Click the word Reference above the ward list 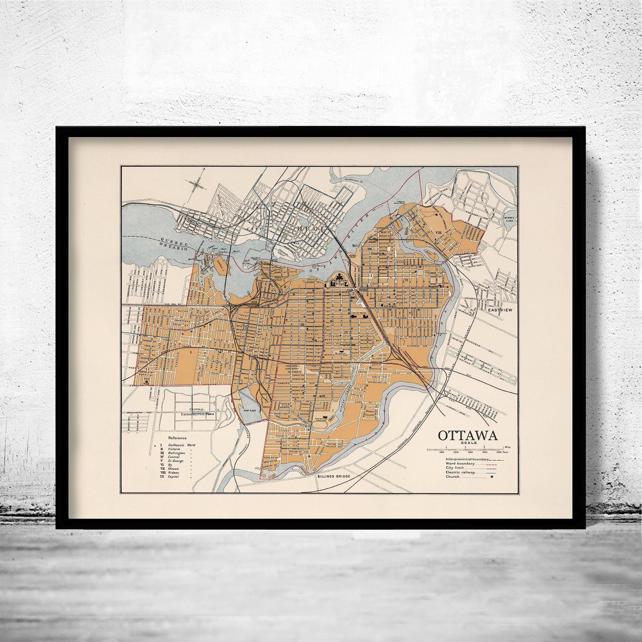(177, 438)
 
